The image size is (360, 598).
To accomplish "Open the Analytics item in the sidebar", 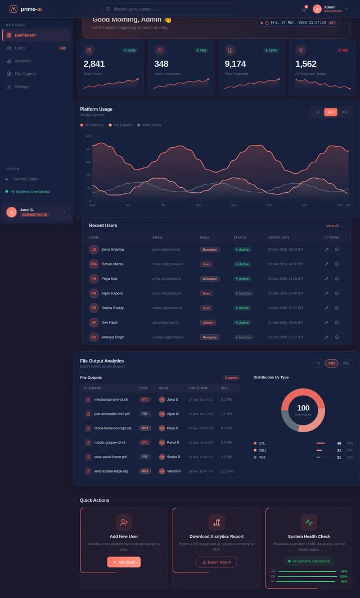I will click(x=22, y=61).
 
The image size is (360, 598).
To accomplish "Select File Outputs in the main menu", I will click(x=25, y=74).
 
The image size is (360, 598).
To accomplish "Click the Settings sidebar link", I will click(x=22, y=87).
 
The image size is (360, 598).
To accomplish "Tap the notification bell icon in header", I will click(x=304, y=9).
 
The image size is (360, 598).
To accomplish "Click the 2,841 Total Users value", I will click(x=94, y=64).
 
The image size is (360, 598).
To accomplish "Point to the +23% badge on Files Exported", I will click(x=272, y=50).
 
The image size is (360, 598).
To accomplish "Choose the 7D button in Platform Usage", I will click(x=317, y=112).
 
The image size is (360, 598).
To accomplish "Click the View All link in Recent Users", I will click(x=334, y=226).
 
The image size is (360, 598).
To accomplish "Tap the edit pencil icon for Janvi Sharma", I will click(x=326, y=250).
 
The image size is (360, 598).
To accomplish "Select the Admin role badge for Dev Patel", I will click(x=208, y=323).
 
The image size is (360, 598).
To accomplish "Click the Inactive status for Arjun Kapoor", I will click(x=244, y=293).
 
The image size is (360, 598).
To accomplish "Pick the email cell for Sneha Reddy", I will click(x=166, y=308).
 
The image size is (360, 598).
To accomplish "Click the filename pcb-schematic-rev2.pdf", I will click(x=112, y=414).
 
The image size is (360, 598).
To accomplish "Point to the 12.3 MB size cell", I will click(x=227, y=471).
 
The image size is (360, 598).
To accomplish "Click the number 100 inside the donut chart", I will click(x=303, y=408).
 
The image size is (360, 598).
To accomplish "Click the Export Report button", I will click(x=216, y=562).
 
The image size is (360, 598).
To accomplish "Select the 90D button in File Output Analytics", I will click(x=346, y=363).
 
